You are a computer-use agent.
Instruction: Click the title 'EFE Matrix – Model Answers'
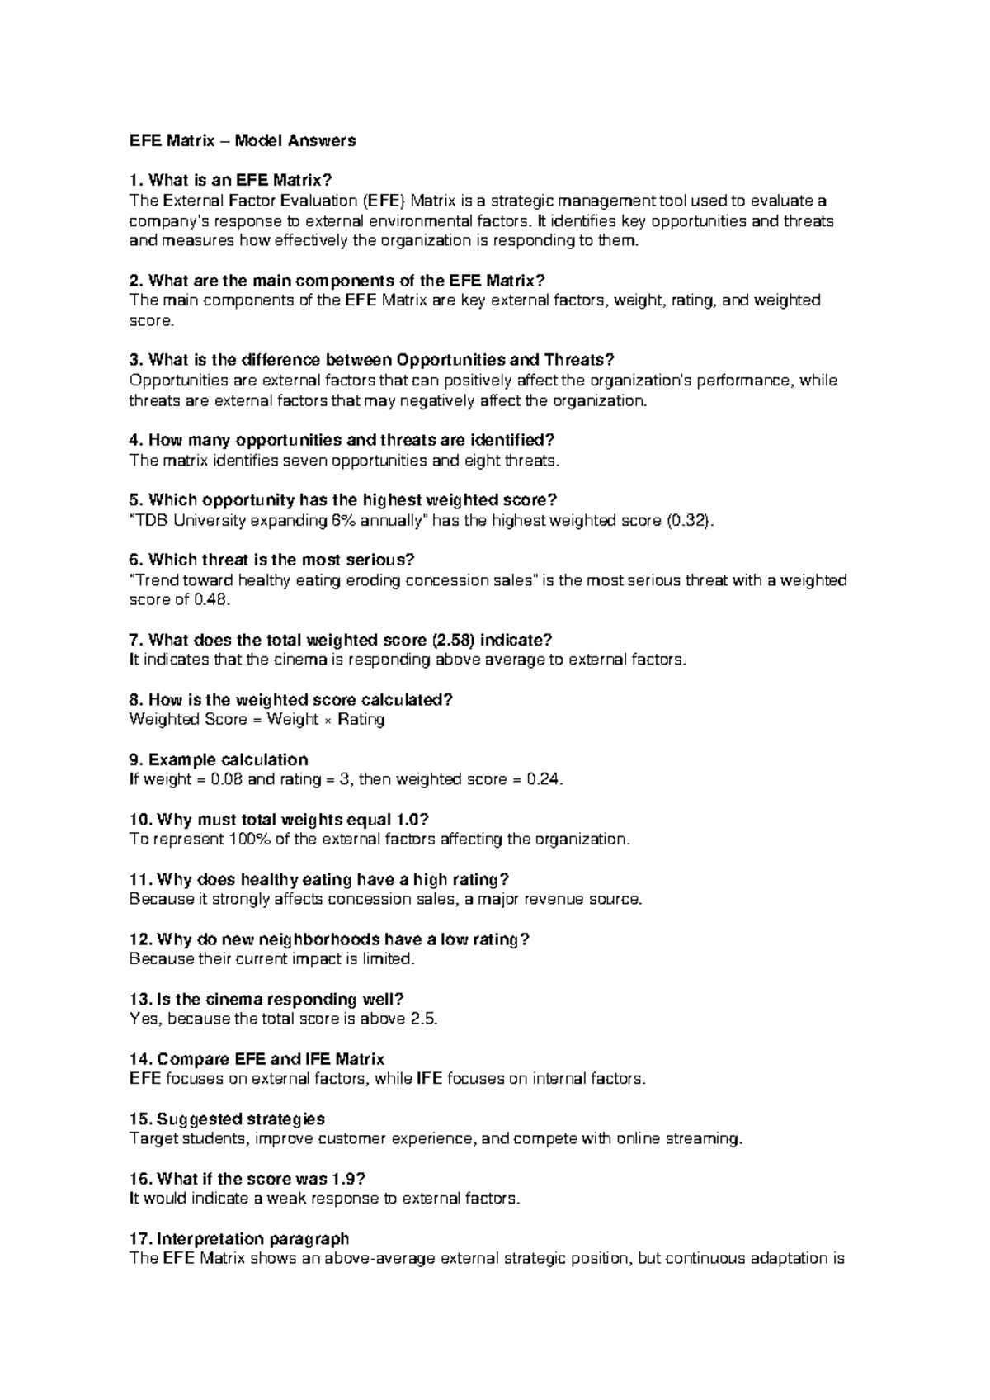coord(243,140)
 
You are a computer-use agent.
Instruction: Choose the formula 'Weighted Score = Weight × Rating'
coord(257,719)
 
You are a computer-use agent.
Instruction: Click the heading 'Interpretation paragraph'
coord(252,1239)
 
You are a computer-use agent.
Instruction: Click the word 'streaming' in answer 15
coord(707,1139)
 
